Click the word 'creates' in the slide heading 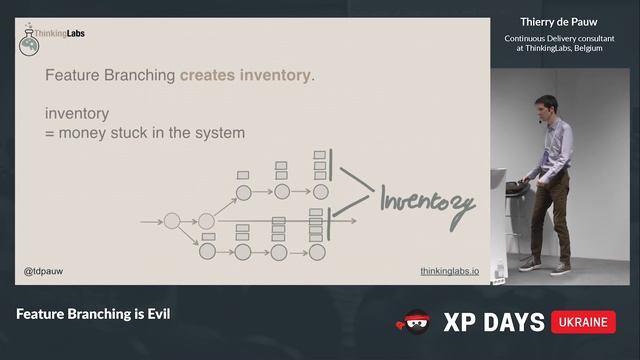click(x=207, y=75)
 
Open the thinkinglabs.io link click(x=449, y=271)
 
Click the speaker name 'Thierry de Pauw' click(x=564, y=20)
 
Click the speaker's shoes click(x=544, y=266)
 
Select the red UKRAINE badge click(x=583, y=322)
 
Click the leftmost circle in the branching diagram click(x=171, y=220)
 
